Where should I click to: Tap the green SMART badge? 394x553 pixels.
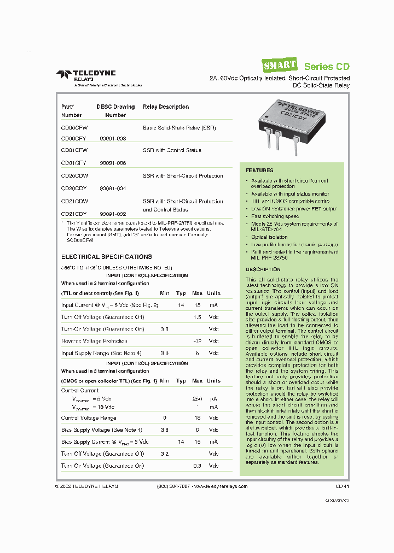(280, 66)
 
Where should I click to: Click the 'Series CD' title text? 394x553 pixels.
(327, 66)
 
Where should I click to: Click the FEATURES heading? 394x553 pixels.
(259, 170)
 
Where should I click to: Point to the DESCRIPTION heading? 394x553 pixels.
(263, 269)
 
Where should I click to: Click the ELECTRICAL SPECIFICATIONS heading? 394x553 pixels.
(106, 256)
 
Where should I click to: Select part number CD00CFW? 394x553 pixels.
(74, 127)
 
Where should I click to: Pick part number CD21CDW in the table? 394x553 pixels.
(75, 202)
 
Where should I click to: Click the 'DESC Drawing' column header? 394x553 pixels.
(115, 107)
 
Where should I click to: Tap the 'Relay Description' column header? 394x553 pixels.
(166, 107)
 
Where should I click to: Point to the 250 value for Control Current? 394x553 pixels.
(198, 399)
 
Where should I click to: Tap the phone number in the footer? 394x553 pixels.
(173, 486)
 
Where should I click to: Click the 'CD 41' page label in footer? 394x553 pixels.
(343, 486)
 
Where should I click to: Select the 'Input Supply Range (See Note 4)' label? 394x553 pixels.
(101, 353)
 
